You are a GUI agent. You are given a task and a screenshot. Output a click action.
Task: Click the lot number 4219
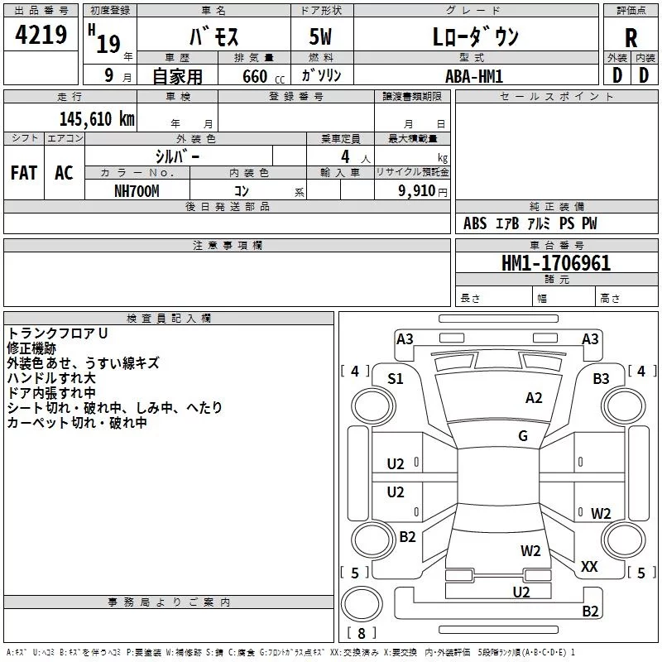tap(41, 34)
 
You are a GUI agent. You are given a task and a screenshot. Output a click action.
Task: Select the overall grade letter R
tap(631, 38)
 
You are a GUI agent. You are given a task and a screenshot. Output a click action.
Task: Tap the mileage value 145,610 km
tap(97, 119)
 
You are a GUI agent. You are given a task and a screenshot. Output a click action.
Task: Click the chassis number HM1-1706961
tap(555, 262)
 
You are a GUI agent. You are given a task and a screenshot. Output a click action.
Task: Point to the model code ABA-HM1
tap(474, 76)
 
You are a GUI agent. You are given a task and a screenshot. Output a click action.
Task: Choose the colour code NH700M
tap(137, 191)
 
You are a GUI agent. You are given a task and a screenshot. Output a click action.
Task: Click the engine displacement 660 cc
tap(263, 76)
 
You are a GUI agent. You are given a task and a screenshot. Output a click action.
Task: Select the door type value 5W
tap(320, 36)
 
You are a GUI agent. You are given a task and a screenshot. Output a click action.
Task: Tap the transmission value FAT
tap(24, 173)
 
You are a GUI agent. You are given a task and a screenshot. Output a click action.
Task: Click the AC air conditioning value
tap(64, 173)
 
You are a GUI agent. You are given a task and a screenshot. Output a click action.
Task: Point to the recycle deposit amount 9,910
tap(416, 191)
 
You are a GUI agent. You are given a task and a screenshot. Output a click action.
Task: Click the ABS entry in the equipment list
tap(475, 223)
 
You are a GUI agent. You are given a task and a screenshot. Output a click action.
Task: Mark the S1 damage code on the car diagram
tap(396, 379)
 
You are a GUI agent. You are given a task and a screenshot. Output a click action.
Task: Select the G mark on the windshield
tap(523, 435)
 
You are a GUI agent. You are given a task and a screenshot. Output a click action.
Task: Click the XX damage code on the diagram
tap(589, 566)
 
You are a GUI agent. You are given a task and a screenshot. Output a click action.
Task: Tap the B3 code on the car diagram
tap(601, 379)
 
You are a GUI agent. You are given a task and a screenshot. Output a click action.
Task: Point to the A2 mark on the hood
tap(534, 398)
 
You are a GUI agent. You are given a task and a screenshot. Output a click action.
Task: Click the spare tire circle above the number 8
tap(362, 603)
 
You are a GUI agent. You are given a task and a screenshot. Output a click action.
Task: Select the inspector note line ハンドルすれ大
tap(51, 378)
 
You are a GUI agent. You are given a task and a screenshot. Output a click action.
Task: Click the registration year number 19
tap(108, 44)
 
